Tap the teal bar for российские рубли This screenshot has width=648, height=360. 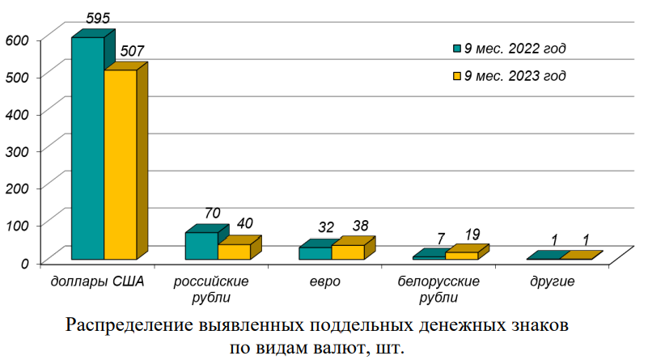pyautogui.click(x=201, y=246)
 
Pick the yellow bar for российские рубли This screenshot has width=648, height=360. pyautogui.click(x=234, y=252)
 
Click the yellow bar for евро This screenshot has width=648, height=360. pyautogui.click(x=347, y=252)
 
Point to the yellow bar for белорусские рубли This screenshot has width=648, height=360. pyautogui.click(x=461, y=256)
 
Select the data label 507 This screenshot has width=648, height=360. pyautogui.click(x=133, y=51)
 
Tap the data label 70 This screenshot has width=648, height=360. pyautogui.click(x=212, y=214)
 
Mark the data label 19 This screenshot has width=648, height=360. pyautogui.click(x=472, y=235)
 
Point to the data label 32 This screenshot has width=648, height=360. pyautogui.click(x=326, y=228)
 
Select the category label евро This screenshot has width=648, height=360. pyautogui.click(x=324, y=282)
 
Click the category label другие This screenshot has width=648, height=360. pyautogui.click(x=553, y=282)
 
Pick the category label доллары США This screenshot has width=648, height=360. pyautogui.click(x=98, y=282)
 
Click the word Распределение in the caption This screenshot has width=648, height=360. pyautogui.click(x=129, y=326)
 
